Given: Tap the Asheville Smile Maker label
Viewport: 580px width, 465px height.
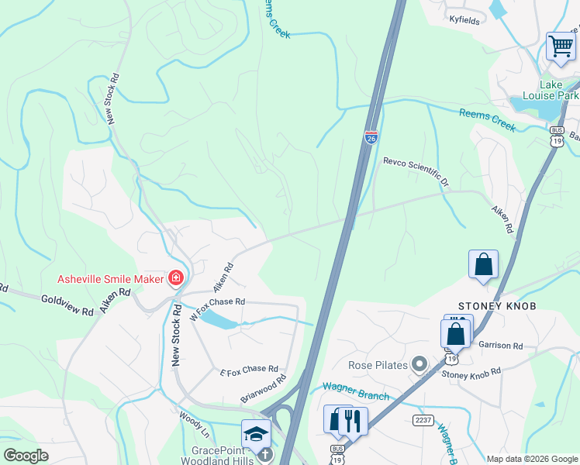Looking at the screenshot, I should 111,279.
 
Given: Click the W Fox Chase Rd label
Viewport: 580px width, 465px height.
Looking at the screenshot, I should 217,308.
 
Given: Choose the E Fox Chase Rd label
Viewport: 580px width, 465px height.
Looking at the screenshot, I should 248,370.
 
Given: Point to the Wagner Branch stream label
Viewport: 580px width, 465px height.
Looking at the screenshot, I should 355,391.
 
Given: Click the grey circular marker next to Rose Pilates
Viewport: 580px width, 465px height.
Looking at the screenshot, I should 420,363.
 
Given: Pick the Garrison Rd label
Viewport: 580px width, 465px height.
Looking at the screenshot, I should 501,346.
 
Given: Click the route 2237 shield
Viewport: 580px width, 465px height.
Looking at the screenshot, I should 423,419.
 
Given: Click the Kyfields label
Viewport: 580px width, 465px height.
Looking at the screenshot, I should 464,19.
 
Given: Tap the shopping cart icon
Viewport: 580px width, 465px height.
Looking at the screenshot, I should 561,45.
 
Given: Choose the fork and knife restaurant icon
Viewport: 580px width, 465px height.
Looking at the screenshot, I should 353,422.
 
